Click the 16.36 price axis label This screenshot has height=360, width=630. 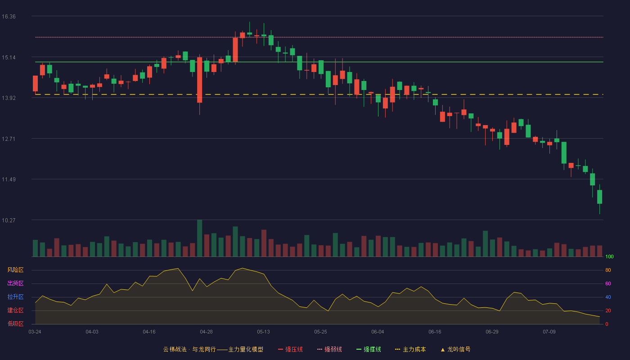point(9,17)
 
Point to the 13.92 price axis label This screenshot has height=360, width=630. point(9,98)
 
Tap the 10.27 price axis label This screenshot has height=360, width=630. point(9,220)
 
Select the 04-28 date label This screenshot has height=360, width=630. point(206,332)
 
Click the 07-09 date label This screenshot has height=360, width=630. point(549,332)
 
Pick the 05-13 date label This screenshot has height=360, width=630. point(263,332)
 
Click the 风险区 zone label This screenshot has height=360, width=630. point(15,270)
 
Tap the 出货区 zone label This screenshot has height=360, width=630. point(15,283)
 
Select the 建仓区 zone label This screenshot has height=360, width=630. point(15,310)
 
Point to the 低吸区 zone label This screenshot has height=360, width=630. point(15,324)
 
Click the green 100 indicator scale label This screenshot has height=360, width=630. point(609,256)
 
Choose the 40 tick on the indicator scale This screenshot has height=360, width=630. point(608,297)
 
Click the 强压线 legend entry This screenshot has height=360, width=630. point(290,349)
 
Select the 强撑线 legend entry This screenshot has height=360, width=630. point(369,349)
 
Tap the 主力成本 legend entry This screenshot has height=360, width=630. point(410,349)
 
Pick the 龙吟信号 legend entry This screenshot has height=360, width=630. point(455,349)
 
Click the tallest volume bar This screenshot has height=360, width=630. point(200,238)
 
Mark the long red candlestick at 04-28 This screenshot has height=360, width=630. point(200,80)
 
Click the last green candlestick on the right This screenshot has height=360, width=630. point(599,197)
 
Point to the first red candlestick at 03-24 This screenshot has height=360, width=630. point(35,84)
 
